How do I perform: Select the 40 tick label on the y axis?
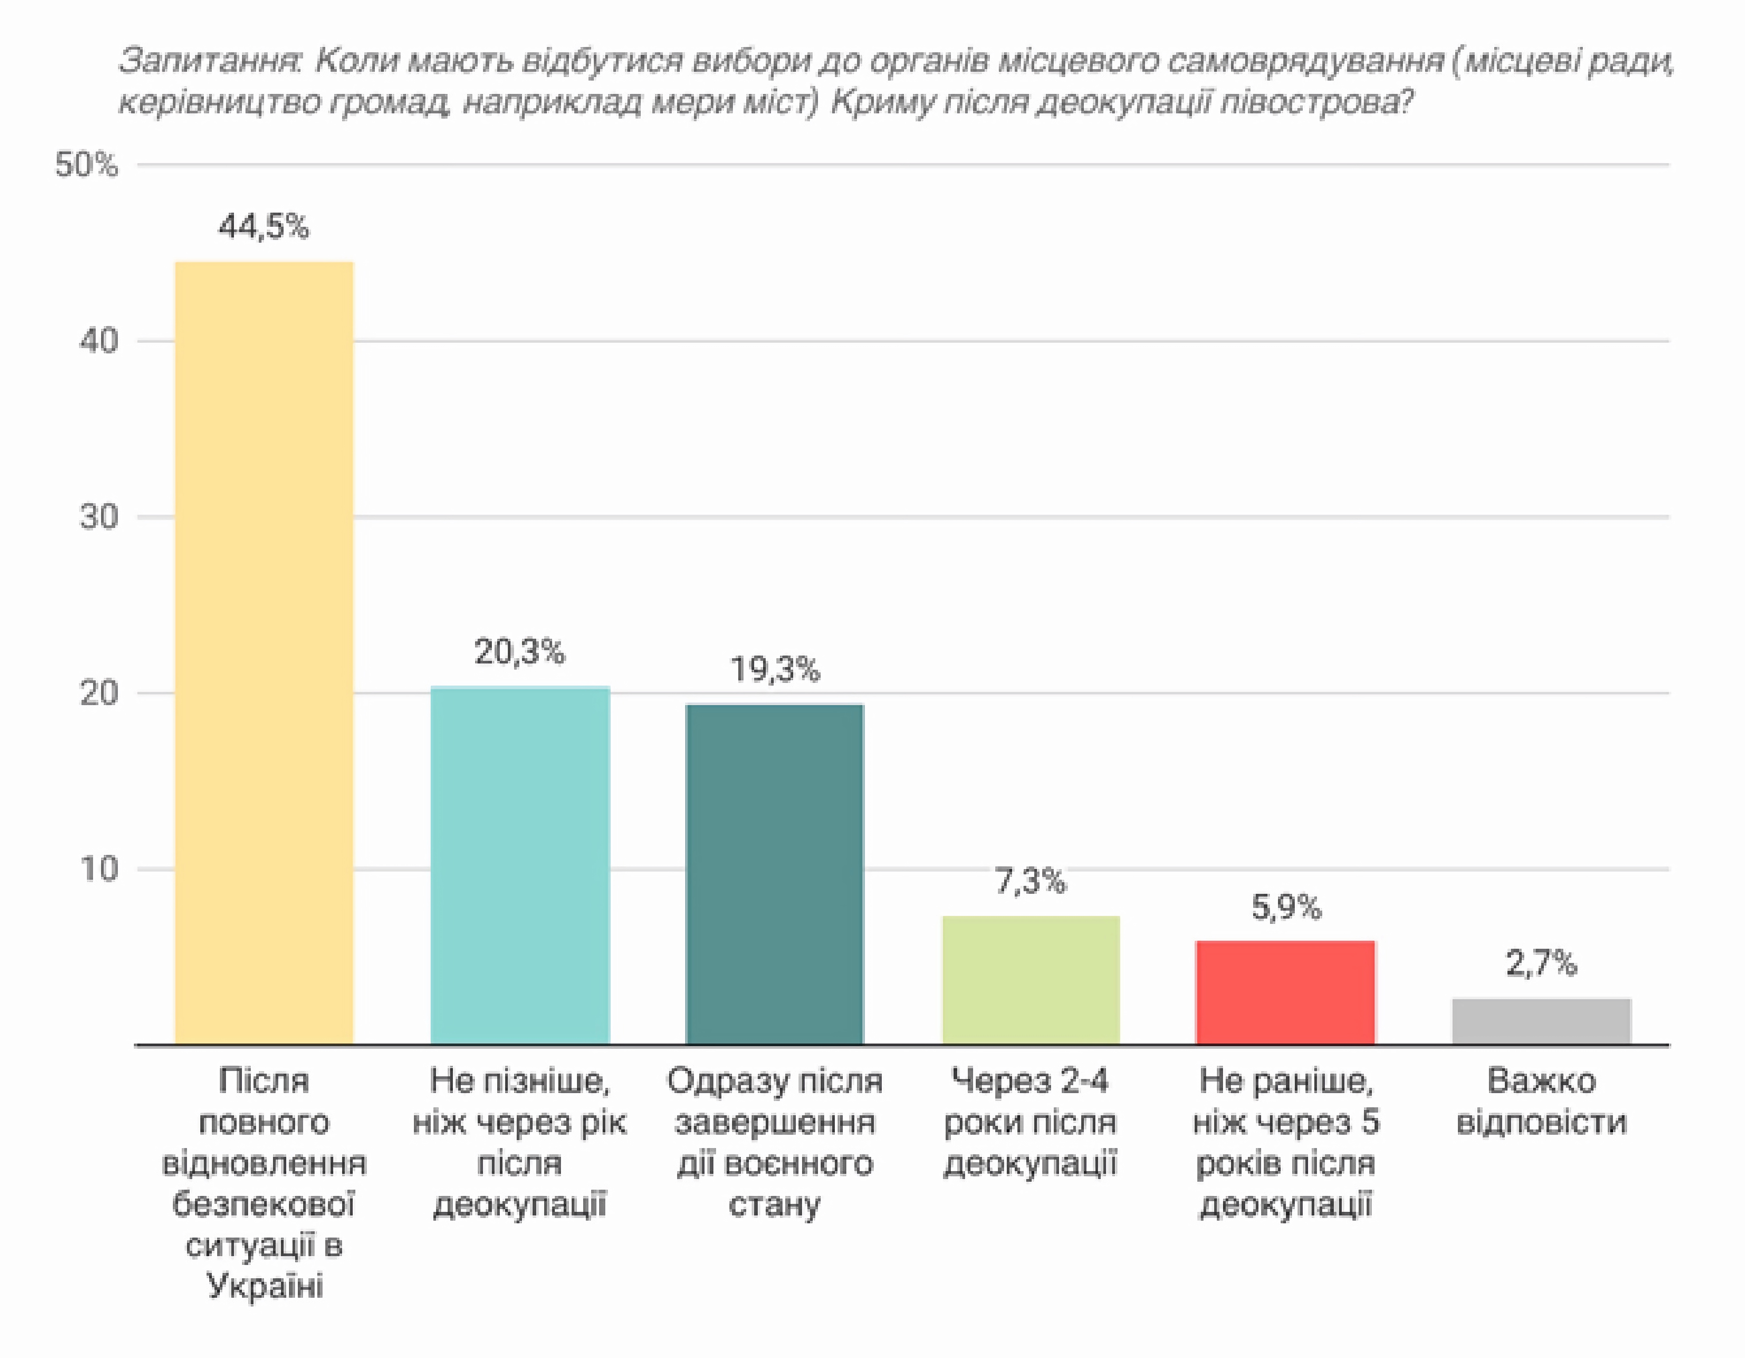click(98, 341)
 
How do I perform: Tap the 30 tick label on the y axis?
click(98, 517)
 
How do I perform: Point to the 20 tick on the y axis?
click(98, 693)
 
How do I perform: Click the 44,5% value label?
click(264, 227)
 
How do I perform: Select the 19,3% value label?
click(775, 669)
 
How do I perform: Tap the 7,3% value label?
click(1031, 881)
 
